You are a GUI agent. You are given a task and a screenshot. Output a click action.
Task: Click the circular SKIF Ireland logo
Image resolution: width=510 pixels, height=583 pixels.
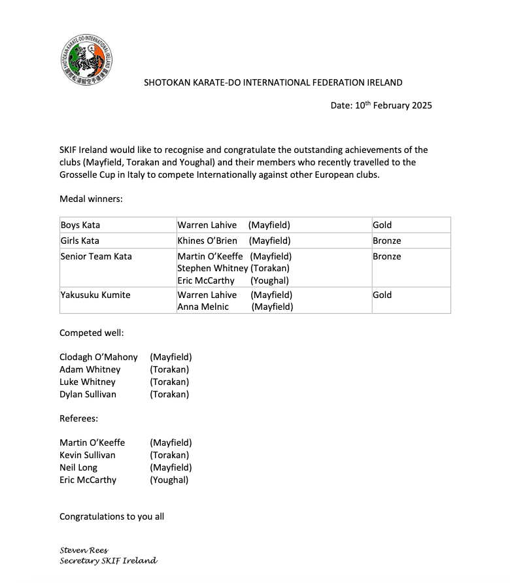87,61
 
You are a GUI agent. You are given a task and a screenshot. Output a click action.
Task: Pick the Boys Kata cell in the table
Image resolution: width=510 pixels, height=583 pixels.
80,225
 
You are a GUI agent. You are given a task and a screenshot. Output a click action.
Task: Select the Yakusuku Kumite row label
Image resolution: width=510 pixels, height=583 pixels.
95,295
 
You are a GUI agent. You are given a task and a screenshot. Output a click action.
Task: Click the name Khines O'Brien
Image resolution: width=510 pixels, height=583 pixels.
207,241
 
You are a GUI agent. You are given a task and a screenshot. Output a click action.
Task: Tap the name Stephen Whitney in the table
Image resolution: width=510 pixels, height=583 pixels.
212,268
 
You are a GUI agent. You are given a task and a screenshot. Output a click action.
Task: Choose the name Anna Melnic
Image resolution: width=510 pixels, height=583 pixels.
203,307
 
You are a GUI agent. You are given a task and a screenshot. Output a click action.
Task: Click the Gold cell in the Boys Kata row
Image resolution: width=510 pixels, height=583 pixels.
382,225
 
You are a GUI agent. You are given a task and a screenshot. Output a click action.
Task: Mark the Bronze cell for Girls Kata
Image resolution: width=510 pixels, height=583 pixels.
387,241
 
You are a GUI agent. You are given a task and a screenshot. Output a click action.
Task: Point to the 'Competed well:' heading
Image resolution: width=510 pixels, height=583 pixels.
92,333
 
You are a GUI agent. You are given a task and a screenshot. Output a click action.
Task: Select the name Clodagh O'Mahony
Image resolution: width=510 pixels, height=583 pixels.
99,358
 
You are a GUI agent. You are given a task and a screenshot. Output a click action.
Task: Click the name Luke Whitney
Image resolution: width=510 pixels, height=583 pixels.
88,382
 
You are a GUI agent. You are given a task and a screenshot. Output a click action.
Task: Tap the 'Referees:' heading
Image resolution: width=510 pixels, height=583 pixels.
79,418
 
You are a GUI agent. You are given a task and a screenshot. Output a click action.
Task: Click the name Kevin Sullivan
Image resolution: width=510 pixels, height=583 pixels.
88,456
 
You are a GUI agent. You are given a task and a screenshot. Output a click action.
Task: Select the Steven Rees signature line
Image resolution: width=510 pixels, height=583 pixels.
84,550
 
